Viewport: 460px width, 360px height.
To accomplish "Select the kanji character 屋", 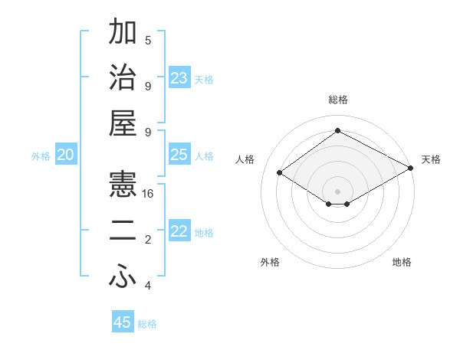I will pyautogui.click(x=123, y=123).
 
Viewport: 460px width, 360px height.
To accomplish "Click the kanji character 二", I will pyautogui.click(x=123, y=231).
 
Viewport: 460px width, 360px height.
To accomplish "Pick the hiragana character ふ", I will pyautogui.click(x=123, y=277).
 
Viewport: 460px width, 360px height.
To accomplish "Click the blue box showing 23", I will pyautogui.click(x=179, y=77).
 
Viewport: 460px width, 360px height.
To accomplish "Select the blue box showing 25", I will pyautogui.click(x=179, y=155).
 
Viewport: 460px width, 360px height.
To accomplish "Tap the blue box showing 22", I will pyautogui.click(x=179, y=231).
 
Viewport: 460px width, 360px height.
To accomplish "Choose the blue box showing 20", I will pyautogui.click(x=66, y=155).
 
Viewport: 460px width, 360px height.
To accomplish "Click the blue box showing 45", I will pyautogui.click(x=123, y=322).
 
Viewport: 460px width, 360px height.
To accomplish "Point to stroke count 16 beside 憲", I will pyautogui.click(x=148, y=194).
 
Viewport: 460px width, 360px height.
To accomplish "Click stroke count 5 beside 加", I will pyautogui.click(x=148, y=41).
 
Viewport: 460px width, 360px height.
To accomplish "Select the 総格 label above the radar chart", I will pyautogui.click(x=338, y=100).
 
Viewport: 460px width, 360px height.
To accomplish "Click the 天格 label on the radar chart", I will pyautogui.click(x=432, y=159).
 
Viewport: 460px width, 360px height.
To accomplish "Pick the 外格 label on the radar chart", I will pyautogui.click(x=270, y=262).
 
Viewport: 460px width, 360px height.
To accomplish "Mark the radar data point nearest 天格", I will pyautogui.click(x=411, y=169).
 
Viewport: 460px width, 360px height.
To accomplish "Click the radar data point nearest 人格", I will pyautogui.click(x=280, y=173).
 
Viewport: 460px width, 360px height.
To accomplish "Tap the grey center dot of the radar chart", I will pyautogui.click(x=338, y=190).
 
